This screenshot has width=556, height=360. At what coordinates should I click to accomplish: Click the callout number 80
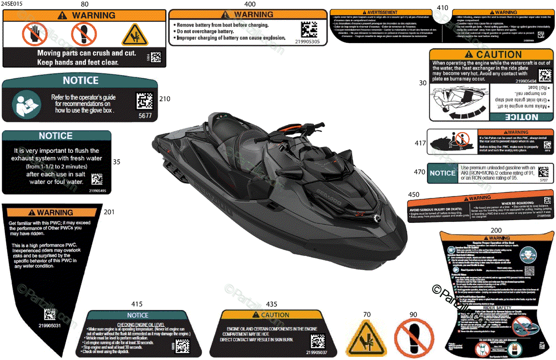pos(85,4)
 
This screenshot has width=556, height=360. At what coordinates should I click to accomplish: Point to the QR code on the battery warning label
pos(310,30)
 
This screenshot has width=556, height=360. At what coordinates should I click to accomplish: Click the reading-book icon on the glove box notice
pos(23,104)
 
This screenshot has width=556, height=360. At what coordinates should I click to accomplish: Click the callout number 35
pos(117,162)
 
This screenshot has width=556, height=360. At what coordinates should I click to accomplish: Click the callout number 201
pos(109,212)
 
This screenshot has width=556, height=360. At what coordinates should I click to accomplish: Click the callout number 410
pos(442,7)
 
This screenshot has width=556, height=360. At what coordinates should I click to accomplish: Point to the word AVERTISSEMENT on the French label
pos(379,12)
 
